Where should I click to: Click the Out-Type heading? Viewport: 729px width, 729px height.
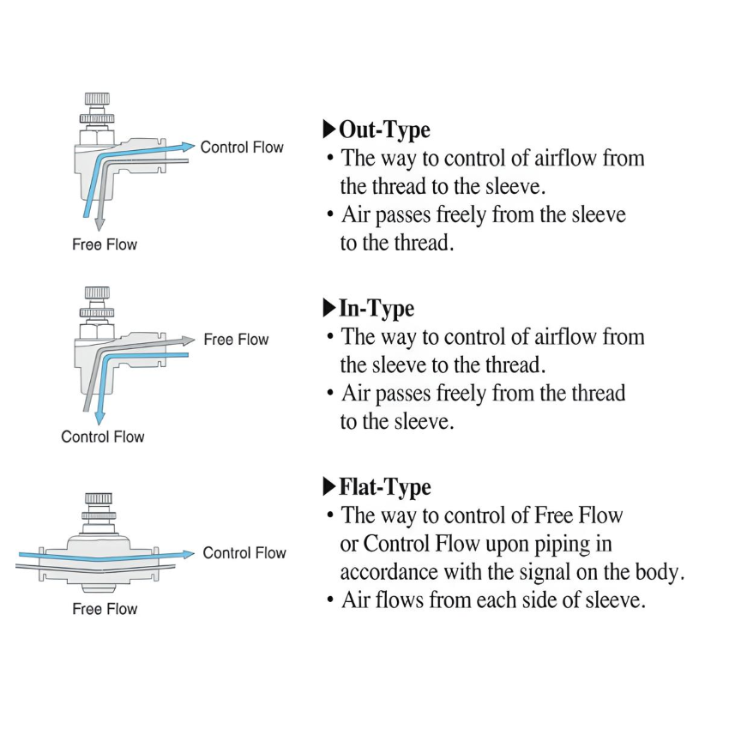point(384,130)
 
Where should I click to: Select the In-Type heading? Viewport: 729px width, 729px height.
point(377,308)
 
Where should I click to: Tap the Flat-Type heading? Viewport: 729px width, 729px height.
point(385,487)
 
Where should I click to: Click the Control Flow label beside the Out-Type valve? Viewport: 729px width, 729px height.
point(242,148)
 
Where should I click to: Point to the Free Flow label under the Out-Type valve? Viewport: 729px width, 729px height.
point(105,245)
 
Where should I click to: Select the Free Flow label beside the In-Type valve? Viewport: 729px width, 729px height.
point(236,340)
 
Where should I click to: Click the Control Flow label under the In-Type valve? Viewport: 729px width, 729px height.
point(103,437)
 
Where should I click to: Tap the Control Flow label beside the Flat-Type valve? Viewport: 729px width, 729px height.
point(244,553)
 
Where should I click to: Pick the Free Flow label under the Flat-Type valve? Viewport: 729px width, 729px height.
point(105,609)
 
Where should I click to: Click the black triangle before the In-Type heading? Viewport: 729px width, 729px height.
point(329,308)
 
